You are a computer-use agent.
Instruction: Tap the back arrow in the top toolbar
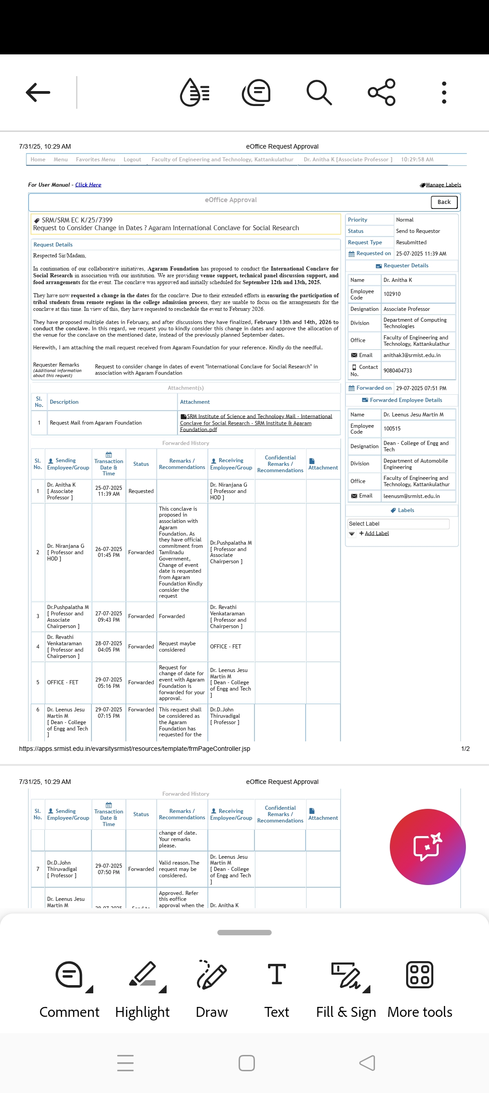tap(38, 92)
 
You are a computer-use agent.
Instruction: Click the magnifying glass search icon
tap(319, 92)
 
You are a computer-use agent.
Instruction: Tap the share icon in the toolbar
tap(382, 92)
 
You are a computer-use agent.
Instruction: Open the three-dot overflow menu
tap(444, 92)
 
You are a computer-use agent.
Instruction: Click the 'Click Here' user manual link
tap(88, 185)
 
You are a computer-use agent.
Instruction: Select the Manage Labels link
tap(443, 185)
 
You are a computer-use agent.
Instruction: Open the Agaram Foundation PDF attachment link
tap(256, 423)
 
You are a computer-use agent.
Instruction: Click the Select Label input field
tap(398, 524)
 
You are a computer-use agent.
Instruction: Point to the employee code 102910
tap(392, 294)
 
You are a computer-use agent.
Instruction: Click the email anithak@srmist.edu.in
tap(412, 355)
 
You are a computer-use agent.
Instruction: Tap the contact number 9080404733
tap(398, 371)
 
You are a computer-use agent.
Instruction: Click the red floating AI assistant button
tap(427, 846)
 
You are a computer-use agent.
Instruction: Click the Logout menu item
tap(132, 160)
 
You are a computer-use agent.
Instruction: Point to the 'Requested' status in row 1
tap(141, 491)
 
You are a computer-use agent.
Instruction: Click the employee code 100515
tap(392, 429)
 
